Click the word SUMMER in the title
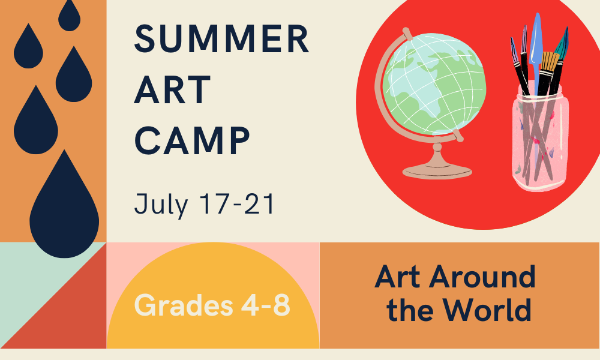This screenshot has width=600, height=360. click(x=221, y=38)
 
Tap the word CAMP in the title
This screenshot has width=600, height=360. click(x=192, y=141)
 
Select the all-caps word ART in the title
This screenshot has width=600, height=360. click(x=172, y=89)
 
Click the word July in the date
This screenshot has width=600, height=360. click(x=161, y=205)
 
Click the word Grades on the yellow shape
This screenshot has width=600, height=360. click(x=184, y=305)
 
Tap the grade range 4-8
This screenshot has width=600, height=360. click(x=266, y=305)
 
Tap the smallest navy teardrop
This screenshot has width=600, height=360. click(x=69, y=16)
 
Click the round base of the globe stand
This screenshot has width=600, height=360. click(x=437, y=172)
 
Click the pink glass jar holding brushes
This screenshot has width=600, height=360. click(x=540, y=140)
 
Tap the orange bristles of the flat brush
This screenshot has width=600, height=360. click(x=550, y=61)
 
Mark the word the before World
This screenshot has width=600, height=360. click(x=412, y=309)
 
